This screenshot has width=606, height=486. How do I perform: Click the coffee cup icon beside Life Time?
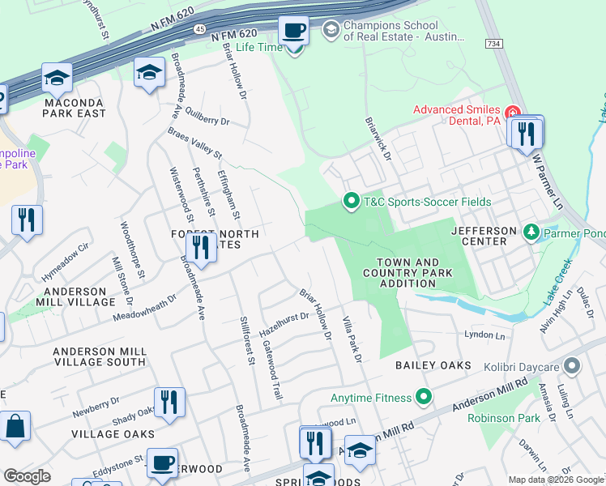(x=293, y=31)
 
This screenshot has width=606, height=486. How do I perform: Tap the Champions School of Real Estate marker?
(x=331, y=31)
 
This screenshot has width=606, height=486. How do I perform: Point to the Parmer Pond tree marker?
(x=531, y=233)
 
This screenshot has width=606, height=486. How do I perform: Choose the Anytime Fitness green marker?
(x=422, y=397)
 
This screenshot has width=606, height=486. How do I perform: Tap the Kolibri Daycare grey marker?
(x=572, y=367)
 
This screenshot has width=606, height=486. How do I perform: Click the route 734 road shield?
(x=491, y=42)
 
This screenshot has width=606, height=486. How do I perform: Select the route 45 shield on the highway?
(x=199, y=28)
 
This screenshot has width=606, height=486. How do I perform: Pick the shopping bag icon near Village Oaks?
(x=15, y=425)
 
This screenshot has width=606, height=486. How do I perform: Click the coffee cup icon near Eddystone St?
(x=162, y=462)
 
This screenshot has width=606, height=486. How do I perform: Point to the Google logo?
(x=27, y=476)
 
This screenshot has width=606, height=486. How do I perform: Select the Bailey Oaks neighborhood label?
(x=433, y=366)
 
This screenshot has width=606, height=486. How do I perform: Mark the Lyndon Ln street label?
(x=484, y=335)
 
